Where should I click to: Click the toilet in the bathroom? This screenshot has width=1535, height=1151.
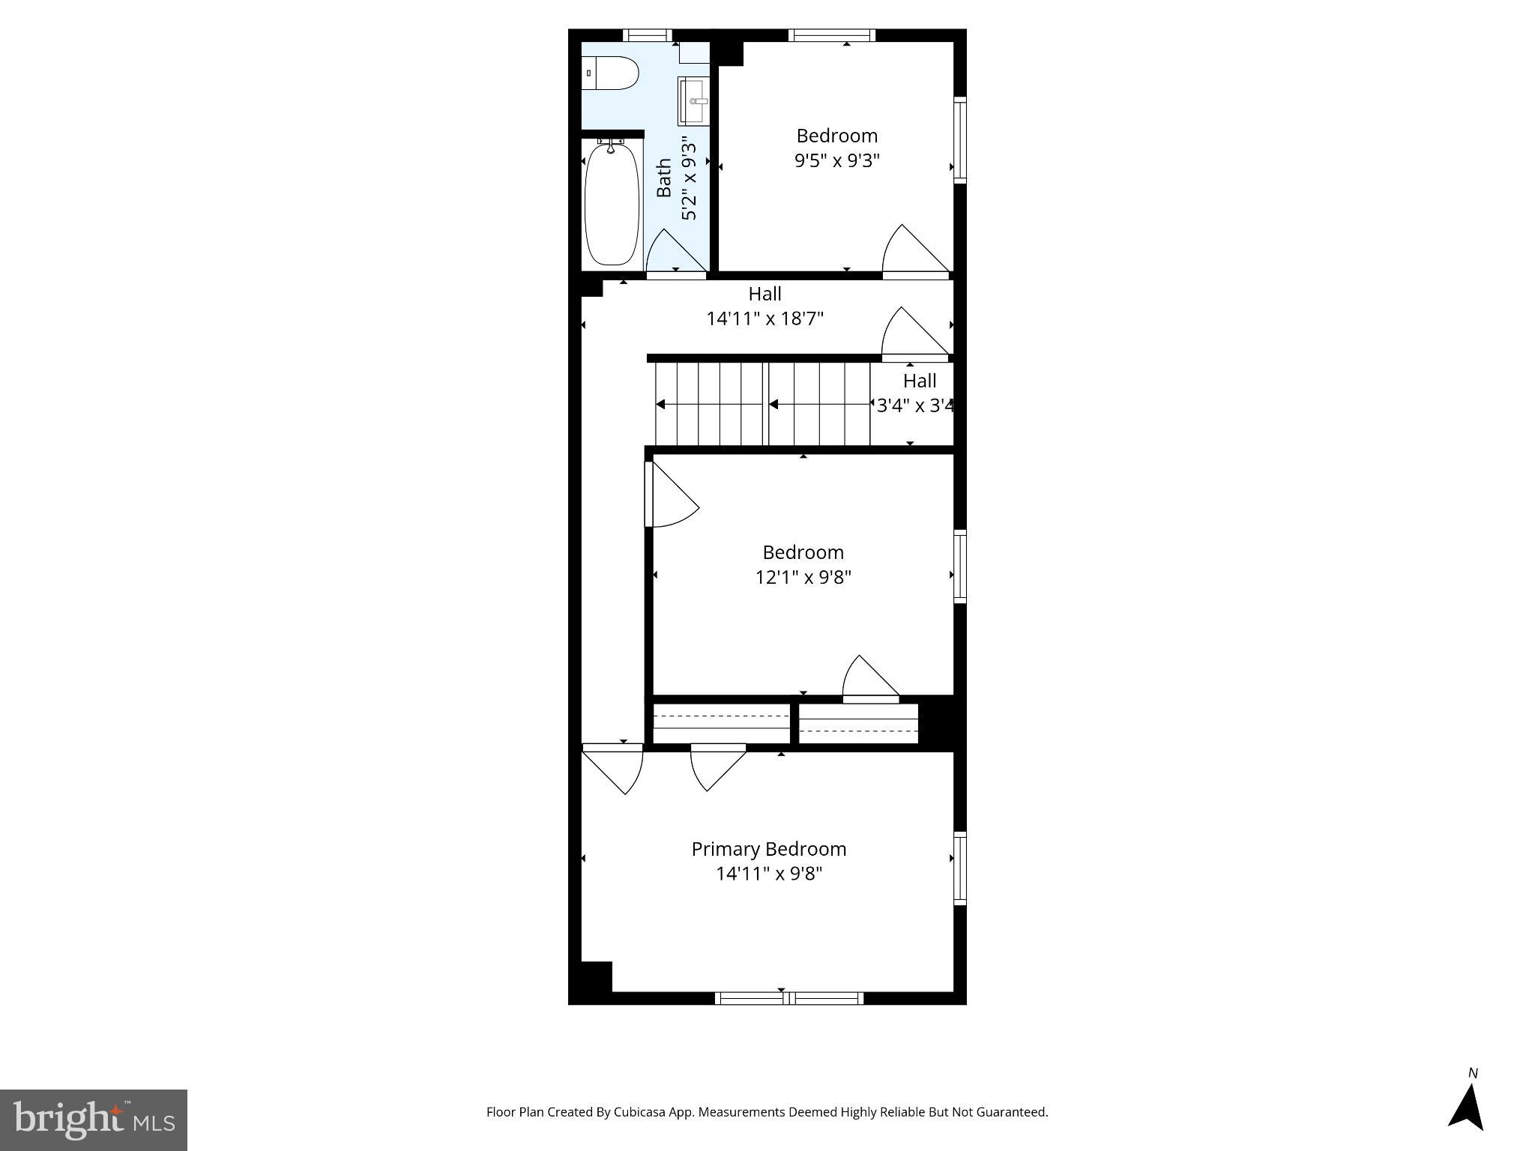[x=610, y=73]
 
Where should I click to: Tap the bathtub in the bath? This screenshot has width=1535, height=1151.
[x=612, y=204]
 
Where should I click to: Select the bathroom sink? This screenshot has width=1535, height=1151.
[x=693, y=101]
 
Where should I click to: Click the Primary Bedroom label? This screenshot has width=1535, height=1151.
[x=768, y=849]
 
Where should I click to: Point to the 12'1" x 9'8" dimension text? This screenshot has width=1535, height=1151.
[x=803, y=577]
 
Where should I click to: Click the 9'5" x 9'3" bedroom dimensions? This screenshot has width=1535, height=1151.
[x=836, y=160]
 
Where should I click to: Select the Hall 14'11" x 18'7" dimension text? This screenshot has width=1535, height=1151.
[x=765, y=318]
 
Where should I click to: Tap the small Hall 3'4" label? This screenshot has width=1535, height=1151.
[x=919, y=381]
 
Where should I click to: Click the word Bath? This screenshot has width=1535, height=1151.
[x=664, y=178]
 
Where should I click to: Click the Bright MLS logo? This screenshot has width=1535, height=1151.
[x=94, y=1120]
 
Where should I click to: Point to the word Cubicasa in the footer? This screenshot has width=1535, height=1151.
[x=642, y=1112]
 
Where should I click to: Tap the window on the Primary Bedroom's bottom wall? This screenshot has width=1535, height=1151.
[x=788, y=998]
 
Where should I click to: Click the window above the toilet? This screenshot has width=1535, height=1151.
[x=647, y=34]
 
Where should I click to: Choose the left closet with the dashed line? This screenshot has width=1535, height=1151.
[x=721, y=723]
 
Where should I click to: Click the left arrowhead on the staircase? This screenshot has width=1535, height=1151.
[x=660, y=405]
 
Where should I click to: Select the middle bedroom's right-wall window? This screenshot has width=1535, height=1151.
[x=959, y=567]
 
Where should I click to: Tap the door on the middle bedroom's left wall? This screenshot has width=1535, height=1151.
[x=669, y=495]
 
